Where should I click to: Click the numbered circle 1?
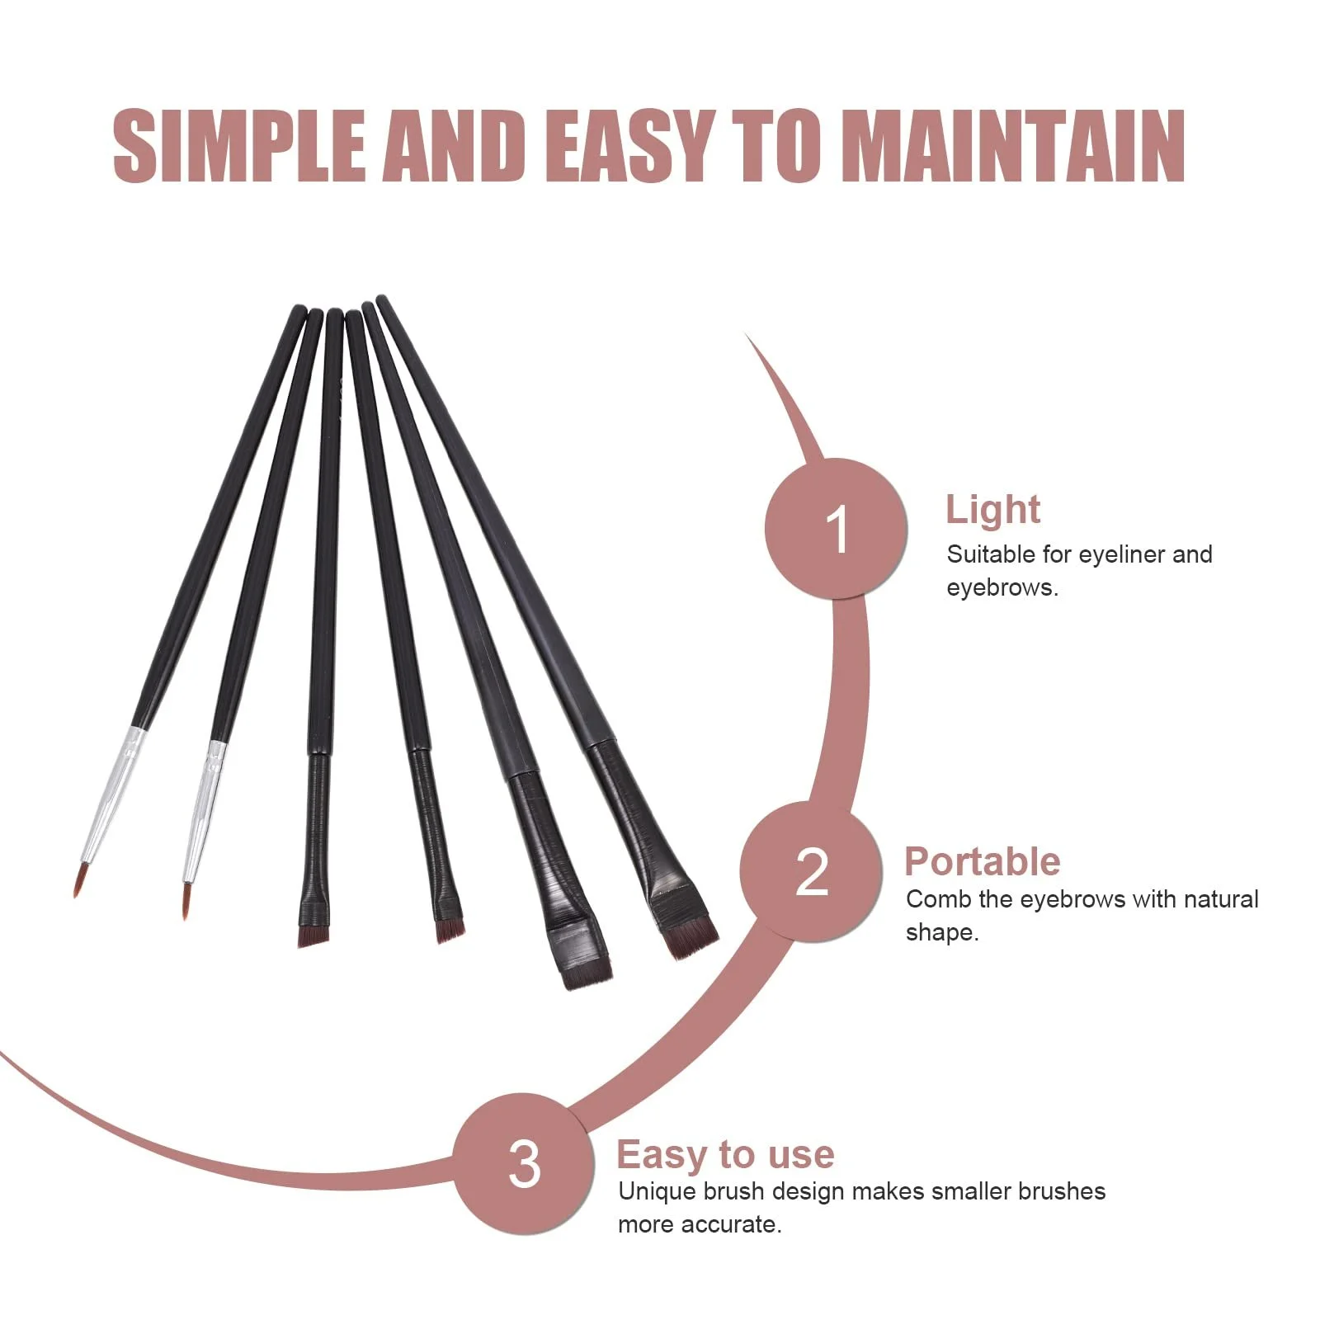[x=836, y=528]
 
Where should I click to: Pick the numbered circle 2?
[x=811, y=872]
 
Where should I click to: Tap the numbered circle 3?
[x=524, y=1163]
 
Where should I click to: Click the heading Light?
[x=992, y=509]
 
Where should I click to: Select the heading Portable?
[x=982, y=861]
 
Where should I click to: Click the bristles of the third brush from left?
[x=313, y=936]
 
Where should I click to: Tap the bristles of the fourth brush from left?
[x=450, y=930]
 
